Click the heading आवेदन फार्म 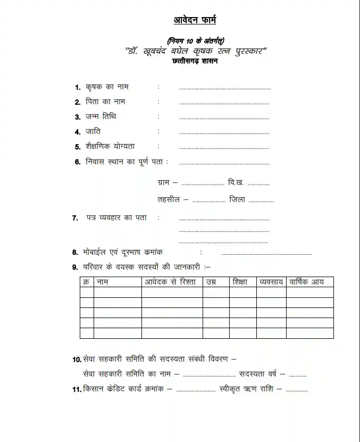click(195, 20)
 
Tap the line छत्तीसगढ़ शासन click(195, 61)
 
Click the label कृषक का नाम click(107, 87)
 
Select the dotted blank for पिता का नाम click(224, 103)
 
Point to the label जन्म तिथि click(101, 116)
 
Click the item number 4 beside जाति click(78, 131)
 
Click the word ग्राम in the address click(164, 182)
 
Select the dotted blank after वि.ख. click(258, 184)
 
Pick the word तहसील click(170, 200)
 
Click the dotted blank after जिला click(261, 202)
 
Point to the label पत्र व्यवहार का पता click(117, 218)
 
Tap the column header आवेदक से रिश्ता click(171, 282)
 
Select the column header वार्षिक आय click(307, 282)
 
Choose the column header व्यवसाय click(271, 282)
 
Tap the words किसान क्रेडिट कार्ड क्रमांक click(123, 389)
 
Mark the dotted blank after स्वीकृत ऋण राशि click(297, 391)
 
